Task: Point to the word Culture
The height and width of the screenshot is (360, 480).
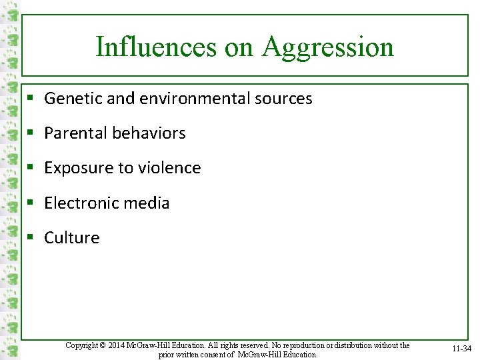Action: click(x=72, y=238)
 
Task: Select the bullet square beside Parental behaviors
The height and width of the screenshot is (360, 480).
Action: click(x=31, y=133)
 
